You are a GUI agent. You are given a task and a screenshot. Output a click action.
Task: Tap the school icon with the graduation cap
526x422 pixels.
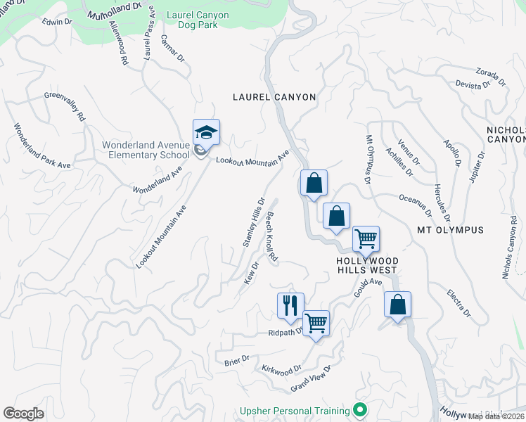pos(207,132)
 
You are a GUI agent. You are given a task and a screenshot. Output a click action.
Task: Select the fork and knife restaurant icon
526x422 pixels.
pos(290,306)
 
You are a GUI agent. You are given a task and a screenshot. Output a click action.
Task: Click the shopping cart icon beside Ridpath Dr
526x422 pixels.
pos(316,324)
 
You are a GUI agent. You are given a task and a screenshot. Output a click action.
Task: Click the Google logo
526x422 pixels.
pos(23,414)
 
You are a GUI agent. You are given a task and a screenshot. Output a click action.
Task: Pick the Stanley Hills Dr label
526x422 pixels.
pos(253,222)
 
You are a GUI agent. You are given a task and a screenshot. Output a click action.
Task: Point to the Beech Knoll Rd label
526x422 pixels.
pos(271,239)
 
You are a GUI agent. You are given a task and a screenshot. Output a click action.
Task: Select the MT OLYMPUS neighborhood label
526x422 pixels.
pos(450,230)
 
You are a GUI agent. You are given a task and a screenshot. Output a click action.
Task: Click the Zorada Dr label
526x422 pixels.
pos(487,74)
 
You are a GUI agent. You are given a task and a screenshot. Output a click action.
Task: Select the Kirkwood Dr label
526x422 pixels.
pos(281,368)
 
